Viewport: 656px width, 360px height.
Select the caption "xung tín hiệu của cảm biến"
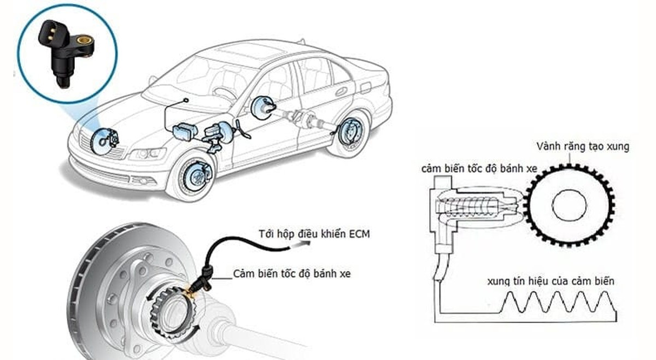coord(550,281)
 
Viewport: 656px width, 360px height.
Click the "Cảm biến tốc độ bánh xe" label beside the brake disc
coord(291,273)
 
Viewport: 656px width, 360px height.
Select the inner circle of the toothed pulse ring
coord(569,206)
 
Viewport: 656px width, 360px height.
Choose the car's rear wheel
coord(346,134)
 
